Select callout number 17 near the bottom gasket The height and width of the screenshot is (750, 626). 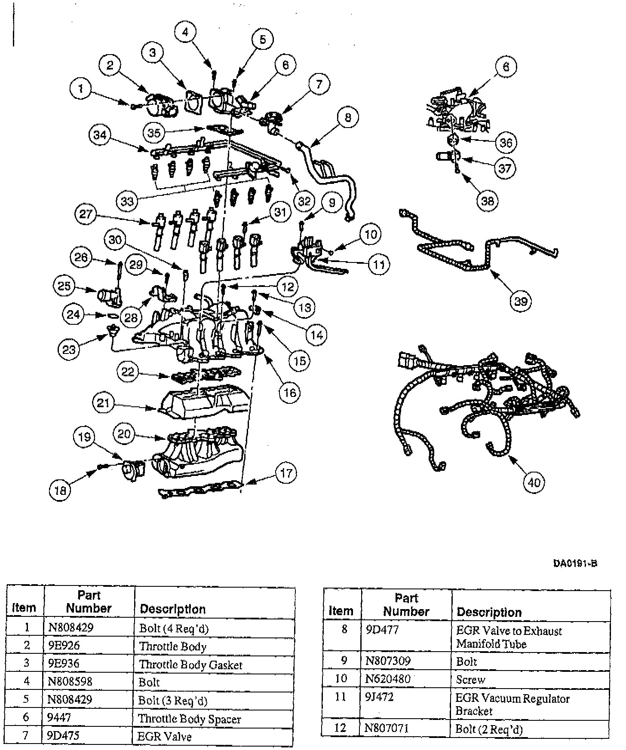click(x=286, y=473)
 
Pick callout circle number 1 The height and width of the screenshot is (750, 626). click(x=81, y=89)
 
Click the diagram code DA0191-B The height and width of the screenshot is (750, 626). click(x=575, y=563)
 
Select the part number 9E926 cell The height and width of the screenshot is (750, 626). click(x=64, y=646)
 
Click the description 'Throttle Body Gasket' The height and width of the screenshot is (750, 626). click(x=190, y=665)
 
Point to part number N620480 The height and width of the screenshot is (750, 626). click(x=388, y=679)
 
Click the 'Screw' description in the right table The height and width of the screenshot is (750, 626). click(x=470, y=680)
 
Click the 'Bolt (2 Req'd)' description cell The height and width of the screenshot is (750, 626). click(x=489, y=729)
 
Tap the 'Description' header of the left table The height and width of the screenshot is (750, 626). click(x=173, y=609)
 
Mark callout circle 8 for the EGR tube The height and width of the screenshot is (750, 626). click(x=348, y=117)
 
